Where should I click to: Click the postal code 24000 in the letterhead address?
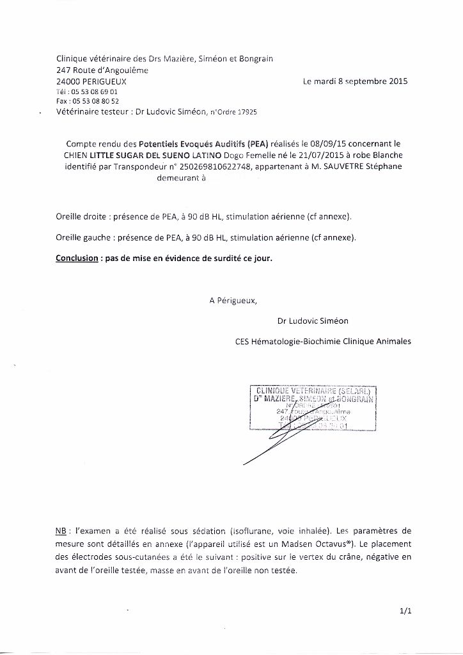(x=68, y=82)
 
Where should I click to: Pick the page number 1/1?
(x=404, y=612)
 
